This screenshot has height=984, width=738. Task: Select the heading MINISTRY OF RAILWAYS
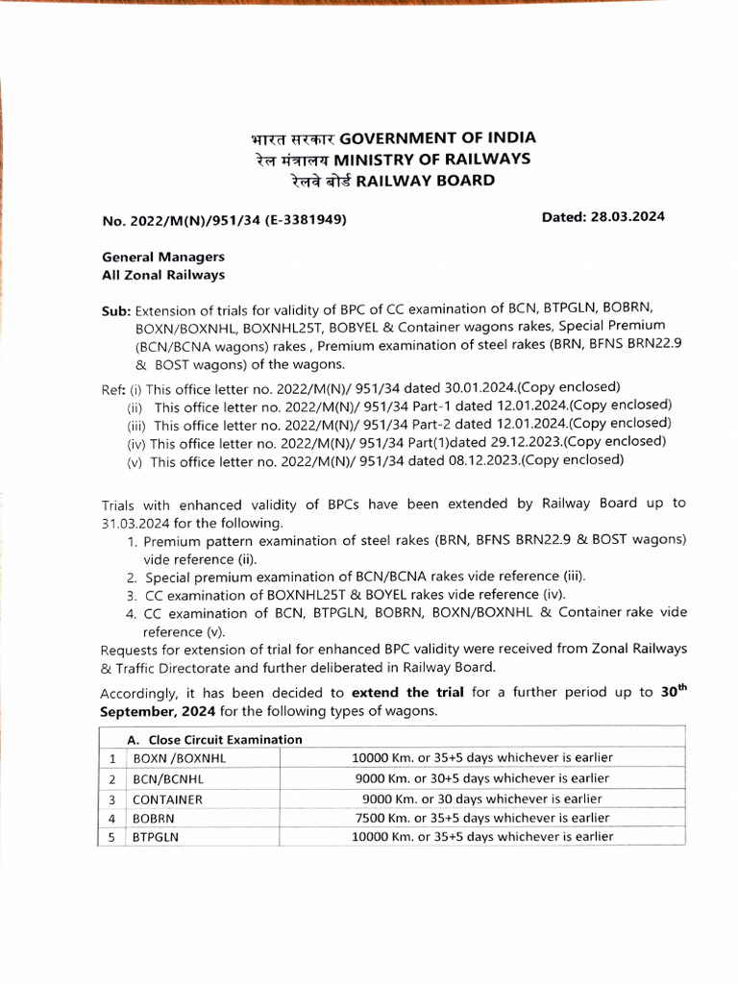(x=432, y=159)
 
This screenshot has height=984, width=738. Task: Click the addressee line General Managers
(x=163, y=258)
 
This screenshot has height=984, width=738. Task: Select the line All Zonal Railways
(x=163, y=275)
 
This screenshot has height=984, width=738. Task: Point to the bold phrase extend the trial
(x=408, y=693)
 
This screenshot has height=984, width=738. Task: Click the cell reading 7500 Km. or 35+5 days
(x=481, y=818)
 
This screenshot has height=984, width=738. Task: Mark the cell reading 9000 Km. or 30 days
(x=481, y=799)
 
